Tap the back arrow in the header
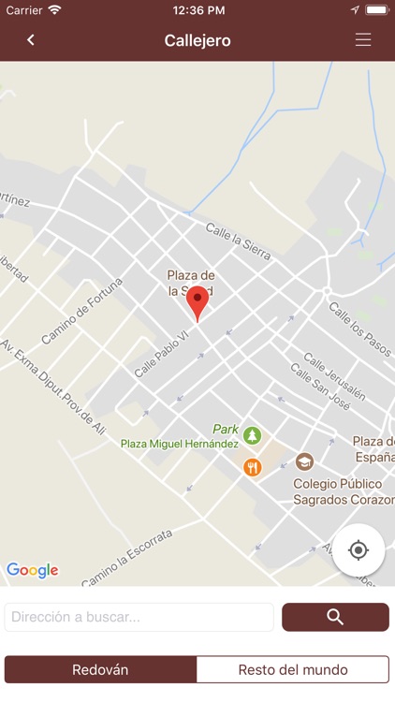tap(31, 40)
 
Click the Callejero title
tap(197, 40)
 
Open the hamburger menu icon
tap(363, 40)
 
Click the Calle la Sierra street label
tap(238, 240)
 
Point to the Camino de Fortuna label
tap(81, 312)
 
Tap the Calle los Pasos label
tap(358, 324)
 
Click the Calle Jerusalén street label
tap(333, 375)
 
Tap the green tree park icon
tap(252, 435)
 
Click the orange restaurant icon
tap(252, 467)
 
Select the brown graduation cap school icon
tap(304, 461)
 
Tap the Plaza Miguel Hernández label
tap(179, 444)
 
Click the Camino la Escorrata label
tap(126, 558)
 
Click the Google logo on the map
tap(33, 570)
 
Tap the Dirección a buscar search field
tap(139, 617)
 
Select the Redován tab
tap(100, 670)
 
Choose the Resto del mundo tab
tap(293, 670)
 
